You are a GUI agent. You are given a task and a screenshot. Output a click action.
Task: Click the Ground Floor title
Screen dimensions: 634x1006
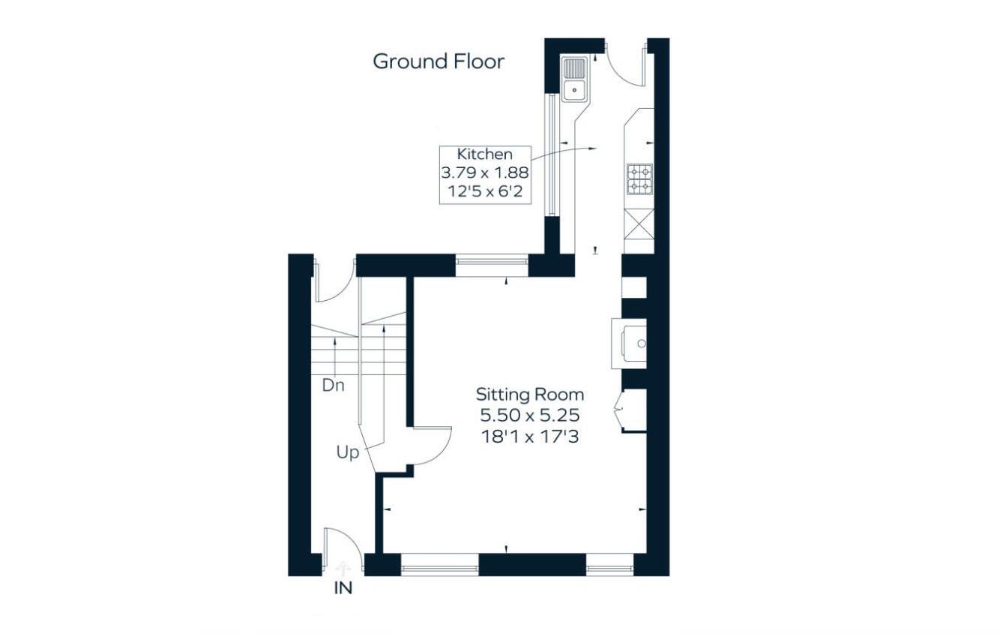[439, 62]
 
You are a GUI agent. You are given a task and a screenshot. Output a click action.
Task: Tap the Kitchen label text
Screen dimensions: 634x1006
[485, 155]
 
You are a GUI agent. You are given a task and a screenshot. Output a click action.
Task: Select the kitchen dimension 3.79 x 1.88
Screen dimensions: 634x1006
[485, 173]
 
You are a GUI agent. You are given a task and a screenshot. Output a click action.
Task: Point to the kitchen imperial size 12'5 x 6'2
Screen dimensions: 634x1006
[485, 193]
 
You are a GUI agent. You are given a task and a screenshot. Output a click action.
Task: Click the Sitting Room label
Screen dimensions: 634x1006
[530, 395]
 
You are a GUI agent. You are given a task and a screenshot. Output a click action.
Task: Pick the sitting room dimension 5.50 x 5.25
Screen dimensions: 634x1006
[530, 415]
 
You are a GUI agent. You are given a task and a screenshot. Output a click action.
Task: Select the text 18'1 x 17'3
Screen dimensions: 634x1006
[530, 435]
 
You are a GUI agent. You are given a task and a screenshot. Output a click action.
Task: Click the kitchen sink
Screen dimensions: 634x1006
[574, 80]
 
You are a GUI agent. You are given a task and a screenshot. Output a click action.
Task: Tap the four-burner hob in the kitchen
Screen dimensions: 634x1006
[639, 179]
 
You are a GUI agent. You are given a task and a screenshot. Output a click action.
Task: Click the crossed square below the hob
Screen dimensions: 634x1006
[639, 224]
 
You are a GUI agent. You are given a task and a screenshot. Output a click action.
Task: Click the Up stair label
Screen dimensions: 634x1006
[347, 453]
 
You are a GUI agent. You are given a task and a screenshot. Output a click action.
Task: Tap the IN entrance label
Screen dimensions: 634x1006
[343, 589]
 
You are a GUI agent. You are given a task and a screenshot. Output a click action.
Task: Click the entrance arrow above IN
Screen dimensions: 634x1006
[343, 568]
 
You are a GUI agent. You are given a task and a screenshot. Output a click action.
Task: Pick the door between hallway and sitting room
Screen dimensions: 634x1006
[431, 447]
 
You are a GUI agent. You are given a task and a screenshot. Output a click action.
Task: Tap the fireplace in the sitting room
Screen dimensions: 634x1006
[630, 344]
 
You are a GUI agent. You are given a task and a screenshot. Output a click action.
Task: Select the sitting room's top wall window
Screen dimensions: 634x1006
[492, 261]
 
